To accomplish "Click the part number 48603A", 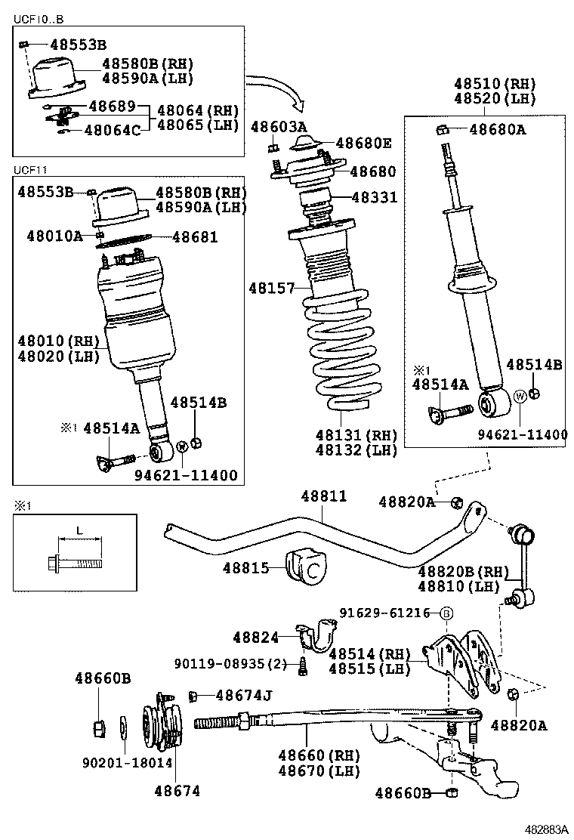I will (x=279, y=126).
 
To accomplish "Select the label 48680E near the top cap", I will (x=363, y=143).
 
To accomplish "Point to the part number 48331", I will (x=373, y=198).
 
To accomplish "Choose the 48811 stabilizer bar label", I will (x=324, y=496).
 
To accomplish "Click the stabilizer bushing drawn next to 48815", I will (x=308, y=567).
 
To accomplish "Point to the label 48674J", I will (x=243, y=695).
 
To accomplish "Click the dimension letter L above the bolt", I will (x=79, y=531).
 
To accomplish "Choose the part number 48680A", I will (x=497, y=129).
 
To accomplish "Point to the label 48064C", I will (x=112, y=131).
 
